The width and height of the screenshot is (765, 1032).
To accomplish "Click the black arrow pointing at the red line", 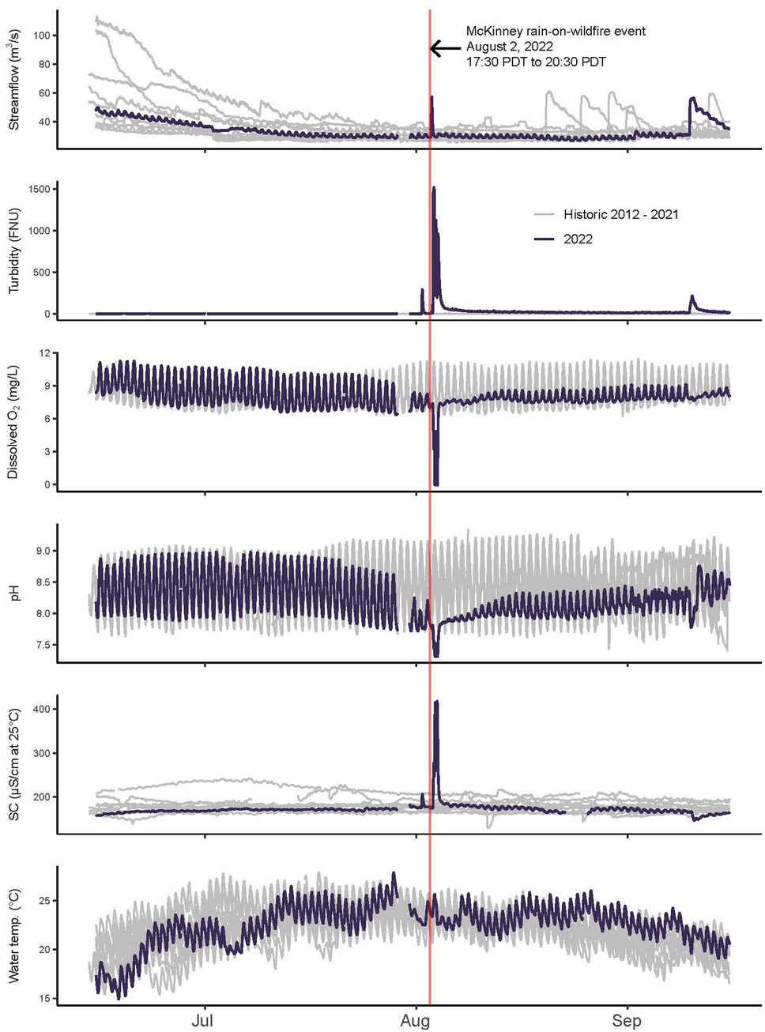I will point(445,48).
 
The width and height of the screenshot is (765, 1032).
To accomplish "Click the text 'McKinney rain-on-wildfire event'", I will point(556,32).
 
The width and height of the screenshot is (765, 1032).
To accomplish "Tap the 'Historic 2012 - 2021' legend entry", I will point(620,214).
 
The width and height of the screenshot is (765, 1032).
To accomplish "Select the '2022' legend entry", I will point(578,239).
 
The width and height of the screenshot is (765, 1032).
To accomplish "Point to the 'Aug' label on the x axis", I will point(415,1021).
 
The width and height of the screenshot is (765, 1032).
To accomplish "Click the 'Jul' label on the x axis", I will point(202,1021).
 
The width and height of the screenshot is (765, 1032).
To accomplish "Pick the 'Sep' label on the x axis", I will point(627,1021).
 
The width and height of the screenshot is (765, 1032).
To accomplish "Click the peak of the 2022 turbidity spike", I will point(434,188).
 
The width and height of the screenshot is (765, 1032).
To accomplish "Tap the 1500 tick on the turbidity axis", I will point(39,190).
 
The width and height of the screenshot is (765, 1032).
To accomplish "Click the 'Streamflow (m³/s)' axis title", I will point(14,80).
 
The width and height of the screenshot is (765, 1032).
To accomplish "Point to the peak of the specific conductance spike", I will point(436,702).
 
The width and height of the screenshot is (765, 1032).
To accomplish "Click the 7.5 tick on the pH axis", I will point(41,646).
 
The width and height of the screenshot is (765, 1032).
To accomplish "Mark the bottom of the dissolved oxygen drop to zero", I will point(436,484).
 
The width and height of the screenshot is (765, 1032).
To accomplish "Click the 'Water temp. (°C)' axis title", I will point(13,936).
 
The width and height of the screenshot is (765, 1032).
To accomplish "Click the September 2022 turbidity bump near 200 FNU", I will point(692,297).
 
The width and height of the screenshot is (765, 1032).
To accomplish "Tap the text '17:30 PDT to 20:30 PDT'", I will point(536,62).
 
